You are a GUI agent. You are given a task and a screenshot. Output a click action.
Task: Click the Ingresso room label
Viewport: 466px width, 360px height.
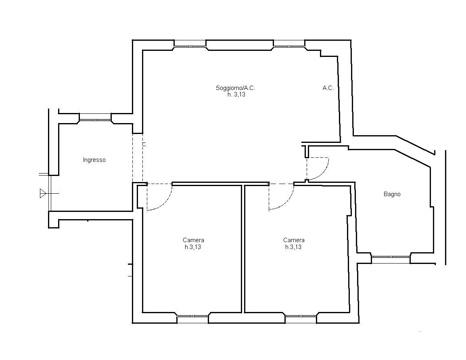coord(94,160)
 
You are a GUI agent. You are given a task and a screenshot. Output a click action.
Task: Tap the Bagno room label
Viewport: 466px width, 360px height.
coord(392,194)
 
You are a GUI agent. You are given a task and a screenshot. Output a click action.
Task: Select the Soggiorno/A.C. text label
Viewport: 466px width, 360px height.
coord(236,88)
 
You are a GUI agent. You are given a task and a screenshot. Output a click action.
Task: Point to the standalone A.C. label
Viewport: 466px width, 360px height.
coord(328,88)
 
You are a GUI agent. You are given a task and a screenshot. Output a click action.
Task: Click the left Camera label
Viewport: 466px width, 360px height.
coord(194,240)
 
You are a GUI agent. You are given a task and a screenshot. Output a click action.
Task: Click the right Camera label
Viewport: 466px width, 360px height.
coord(294,240)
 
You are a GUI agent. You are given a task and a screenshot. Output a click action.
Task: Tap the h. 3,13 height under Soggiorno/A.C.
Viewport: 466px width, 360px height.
coord(236,94)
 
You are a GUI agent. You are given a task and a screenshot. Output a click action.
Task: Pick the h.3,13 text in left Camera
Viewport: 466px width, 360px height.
coord(193,247)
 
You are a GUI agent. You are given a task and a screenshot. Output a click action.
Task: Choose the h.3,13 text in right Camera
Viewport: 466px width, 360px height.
coord(293,247)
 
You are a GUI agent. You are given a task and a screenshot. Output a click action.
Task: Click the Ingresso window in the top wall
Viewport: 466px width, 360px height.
coord(95,118)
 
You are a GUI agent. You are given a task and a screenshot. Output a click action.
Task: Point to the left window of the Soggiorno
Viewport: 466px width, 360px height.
coord(190,44)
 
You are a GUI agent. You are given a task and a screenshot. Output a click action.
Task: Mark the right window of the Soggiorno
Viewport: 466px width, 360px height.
coord(289,44)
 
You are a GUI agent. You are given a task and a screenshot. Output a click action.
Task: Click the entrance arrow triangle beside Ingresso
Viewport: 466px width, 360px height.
coord(43,193)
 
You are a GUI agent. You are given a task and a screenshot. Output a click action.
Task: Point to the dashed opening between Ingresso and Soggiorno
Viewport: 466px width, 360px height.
coord(138,158)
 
